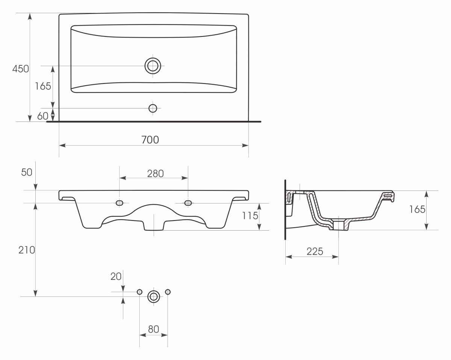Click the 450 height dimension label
tap(21, 69)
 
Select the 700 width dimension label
tap(150, 140)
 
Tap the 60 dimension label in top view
tap(43, 116)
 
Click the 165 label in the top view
tap(43, 86)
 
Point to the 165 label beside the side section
tap(417, 209)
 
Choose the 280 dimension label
tap(155, 173)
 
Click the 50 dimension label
tap(27, 172)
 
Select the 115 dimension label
tap(250, 216)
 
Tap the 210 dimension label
tap(27, 250)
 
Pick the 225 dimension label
tap(315, 251)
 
